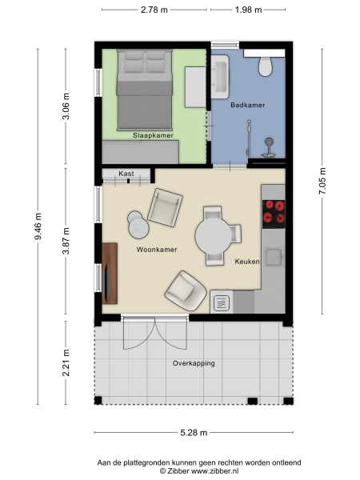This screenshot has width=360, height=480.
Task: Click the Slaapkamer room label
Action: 154,136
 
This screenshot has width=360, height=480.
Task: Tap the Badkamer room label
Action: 247,105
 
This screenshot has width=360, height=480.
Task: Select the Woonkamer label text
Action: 156,250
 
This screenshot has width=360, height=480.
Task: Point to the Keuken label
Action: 247,262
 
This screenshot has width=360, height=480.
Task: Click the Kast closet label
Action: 126,174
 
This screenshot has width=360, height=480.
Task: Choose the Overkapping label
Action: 194,363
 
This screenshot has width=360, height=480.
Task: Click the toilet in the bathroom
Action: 267,65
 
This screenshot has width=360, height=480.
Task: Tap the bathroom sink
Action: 222,74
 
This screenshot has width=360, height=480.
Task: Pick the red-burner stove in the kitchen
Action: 274,212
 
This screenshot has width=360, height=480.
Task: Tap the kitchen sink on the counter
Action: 222,302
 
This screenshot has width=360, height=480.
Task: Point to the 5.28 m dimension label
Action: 193,433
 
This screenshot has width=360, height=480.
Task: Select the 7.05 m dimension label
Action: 322,182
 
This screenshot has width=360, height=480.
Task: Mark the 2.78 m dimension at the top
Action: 154,10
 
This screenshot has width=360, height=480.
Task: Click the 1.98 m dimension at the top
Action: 249,10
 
